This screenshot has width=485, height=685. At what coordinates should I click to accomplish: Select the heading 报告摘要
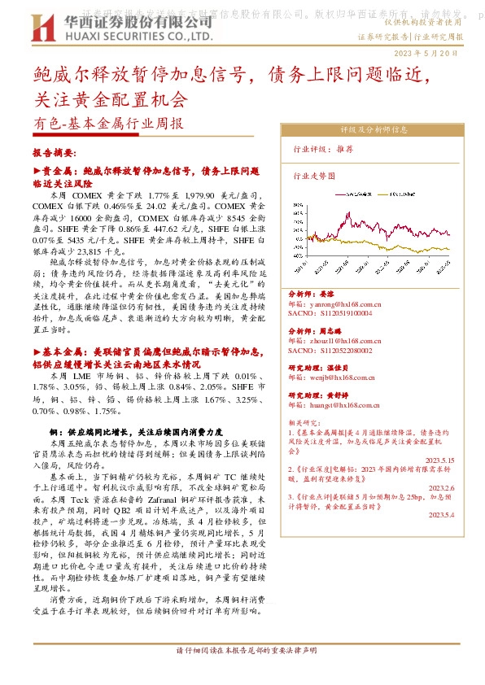[54, 153]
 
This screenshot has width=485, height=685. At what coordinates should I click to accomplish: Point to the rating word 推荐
[344, 150]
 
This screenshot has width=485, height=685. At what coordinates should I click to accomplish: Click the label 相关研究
[305, 423]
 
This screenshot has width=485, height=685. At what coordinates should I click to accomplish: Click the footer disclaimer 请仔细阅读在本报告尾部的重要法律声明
[246, 674]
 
